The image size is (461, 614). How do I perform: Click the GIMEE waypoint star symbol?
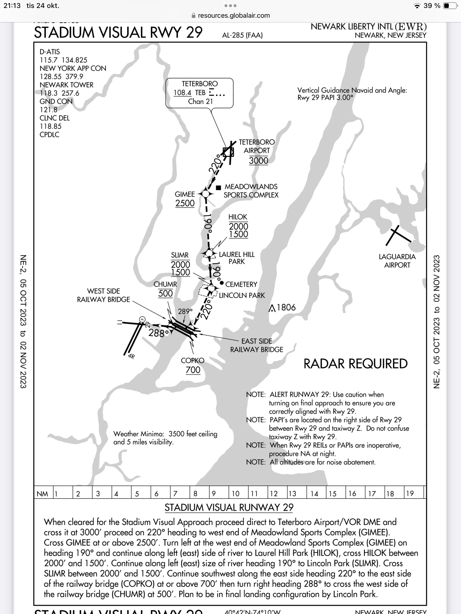(x=206, y=194)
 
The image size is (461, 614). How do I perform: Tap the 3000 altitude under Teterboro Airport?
(x=258, y=161)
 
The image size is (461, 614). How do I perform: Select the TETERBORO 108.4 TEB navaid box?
(x=199, y=93)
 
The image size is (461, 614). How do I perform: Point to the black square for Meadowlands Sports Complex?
(x=219, y=188)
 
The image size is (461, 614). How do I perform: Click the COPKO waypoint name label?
(x=193, y=360)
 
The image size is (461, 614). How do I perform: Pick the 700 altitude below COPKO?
(x=193, y=370)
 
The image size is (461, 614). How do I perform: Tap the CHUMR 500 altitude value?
(x=165, y=294)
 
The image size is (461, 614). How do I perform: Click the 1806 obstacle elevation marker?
(x=282, y=308)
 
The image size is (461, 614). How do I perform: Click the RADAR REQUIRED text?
(x=355, y=364)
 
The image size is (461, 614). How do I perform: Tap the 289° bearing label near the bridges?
(x=185, y=312)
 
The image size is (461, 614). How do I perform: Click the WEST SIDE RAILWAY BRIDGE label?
(x=104, y=295)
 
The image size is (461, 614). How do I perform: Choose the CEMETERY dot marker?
(x=221, y=283)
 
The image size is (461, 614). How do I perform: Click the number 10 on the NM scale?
(x=236, y=494)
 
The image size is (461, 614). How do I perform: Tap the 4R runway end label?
(x=131, y=356)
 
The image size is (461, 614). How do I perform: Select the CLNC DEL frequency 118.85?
(x=50, y=126)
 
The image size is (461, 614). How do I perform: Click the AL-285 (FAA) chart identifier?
(x=242, y=35)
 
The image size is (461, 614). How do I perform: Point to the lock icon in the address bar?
(x=194, y=15)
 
